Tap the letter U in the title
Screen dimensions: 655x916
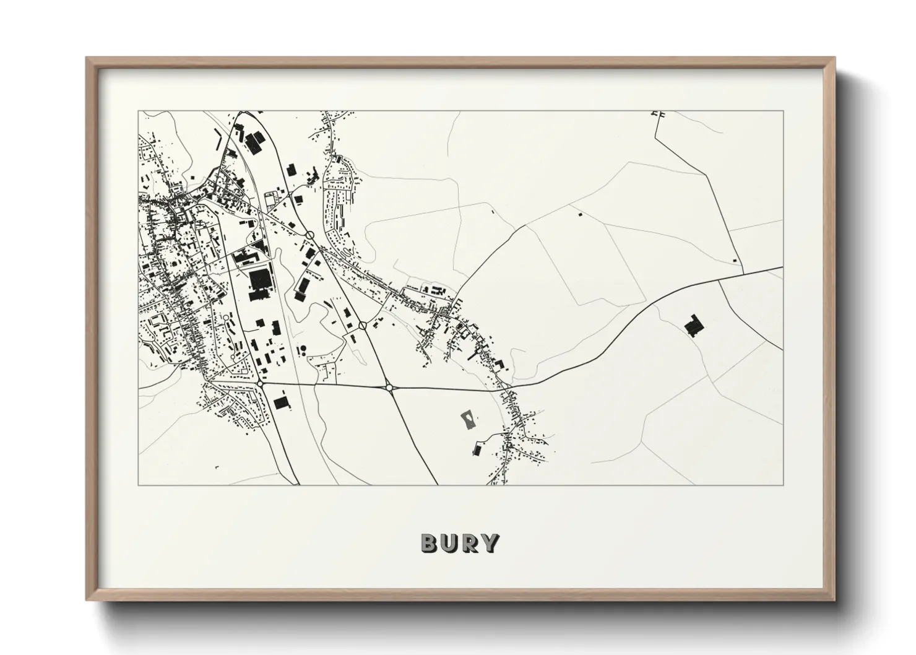coord(451,543)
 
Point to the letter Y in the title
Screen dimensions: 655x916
coord(491,543)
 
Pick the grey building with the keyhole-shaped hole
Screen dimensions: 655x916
coord(469,420)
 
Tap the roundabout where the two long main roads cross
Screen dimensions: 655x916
coord(389,388)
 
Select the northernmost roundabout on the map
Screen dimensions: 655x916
coord(309,235)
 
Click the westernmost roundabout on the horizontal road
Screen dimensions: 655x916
coord(261,384)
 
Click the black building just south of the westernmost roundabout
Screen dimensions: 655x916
coord(282,403)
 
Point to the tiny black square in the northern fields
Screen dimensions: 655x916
coord(580,214)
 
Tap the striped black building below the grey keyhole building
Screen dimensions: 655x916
coord(477,449)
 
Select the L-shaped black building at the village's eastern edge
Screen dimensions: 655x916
coord(500,365)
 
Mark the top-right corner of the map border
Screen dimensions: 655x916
coord(783,111)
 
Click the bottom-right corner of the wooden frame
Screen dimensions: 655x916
coord(835,601)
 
